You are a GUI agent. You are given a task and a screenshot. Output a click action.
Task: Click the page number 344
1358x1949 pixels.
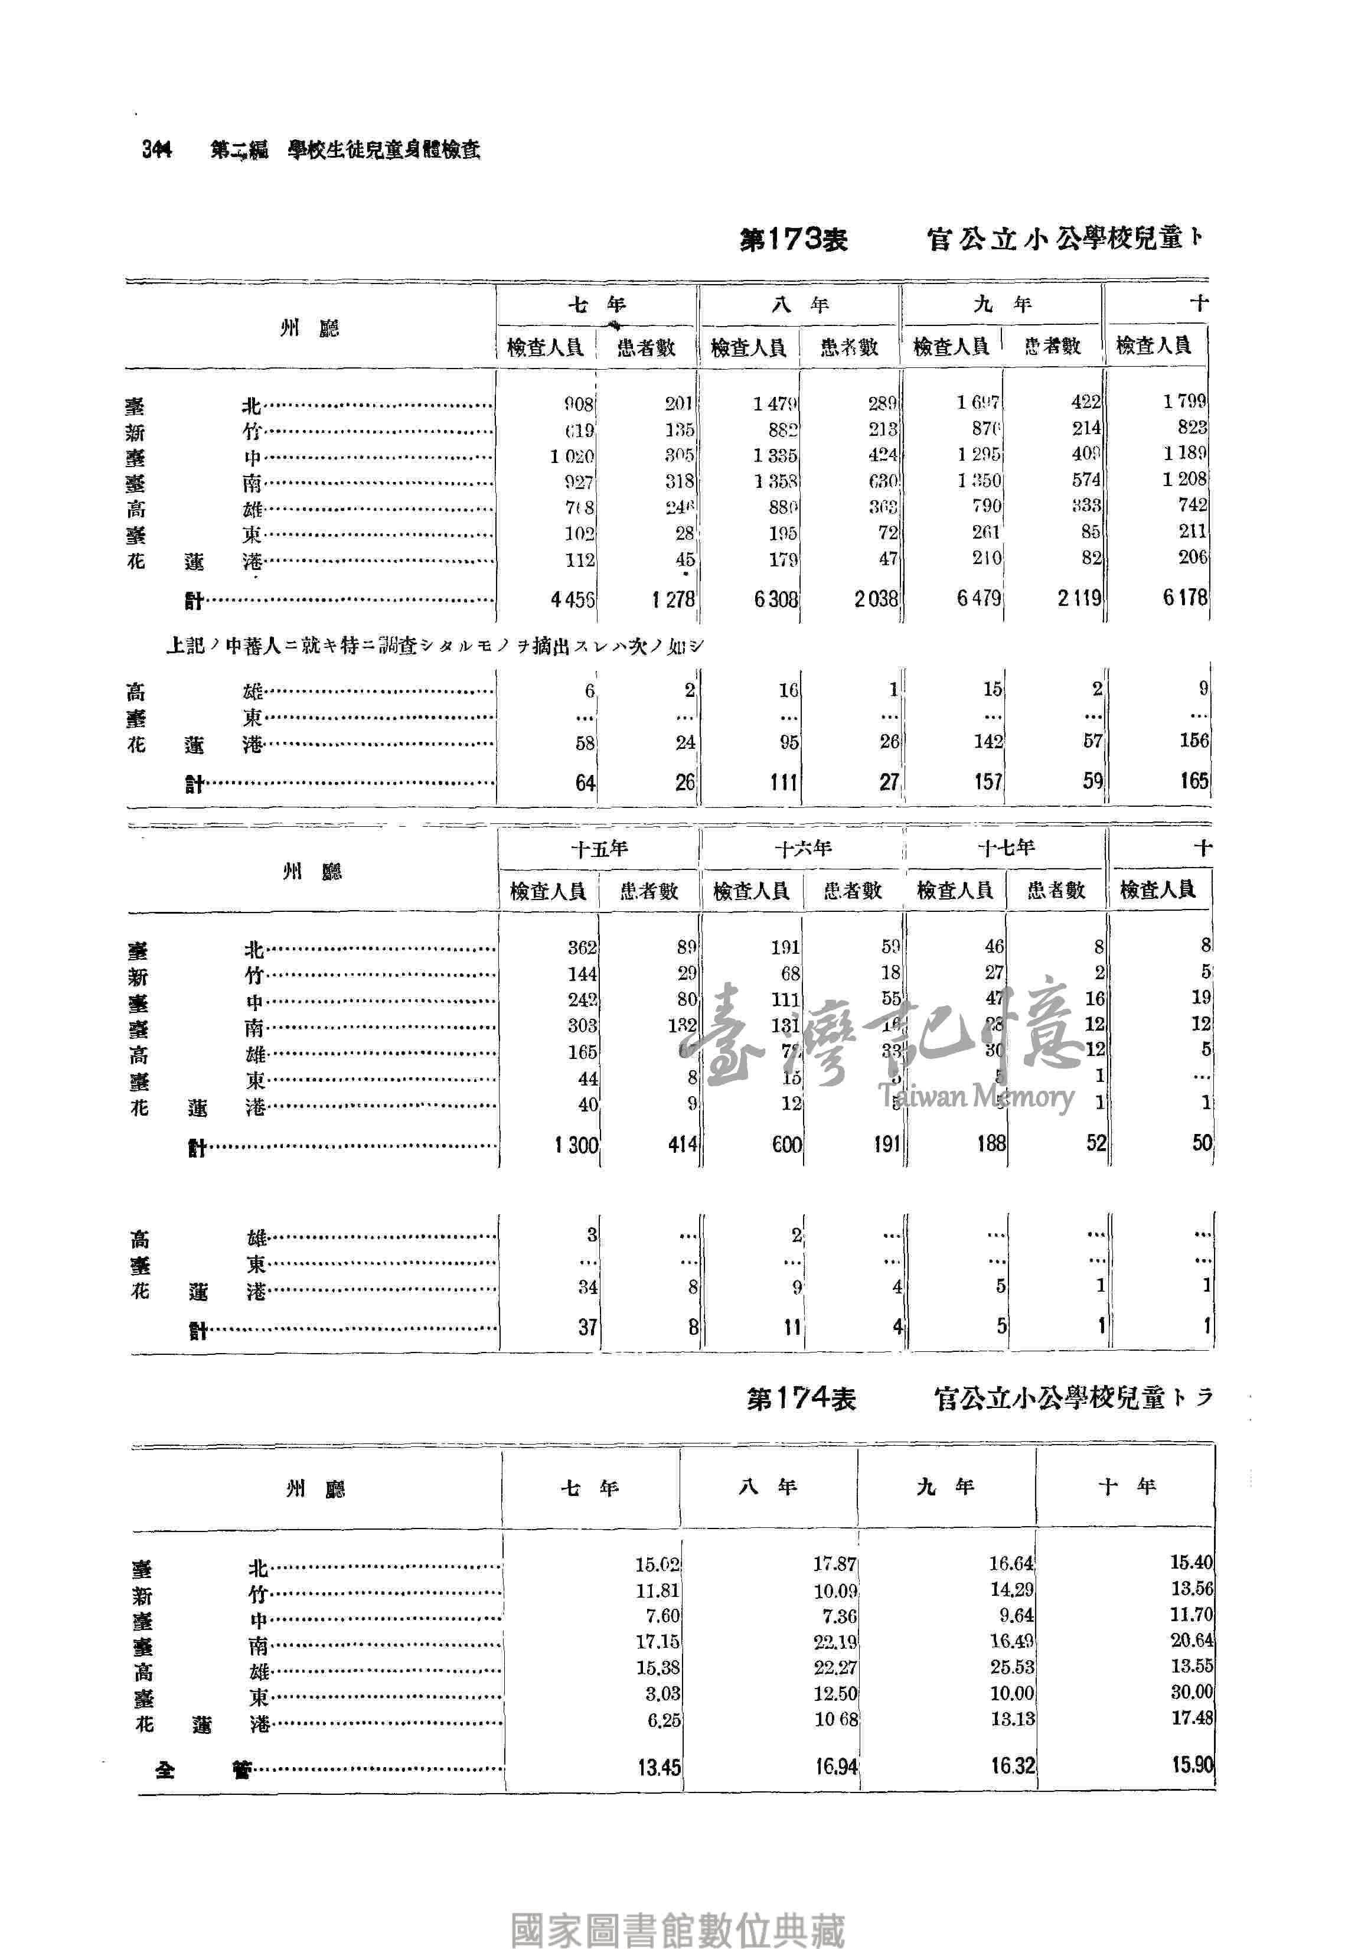click(157, 149)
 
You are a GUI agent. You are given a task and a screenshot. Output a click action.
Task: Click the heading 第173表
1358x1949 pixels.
click(793, 239)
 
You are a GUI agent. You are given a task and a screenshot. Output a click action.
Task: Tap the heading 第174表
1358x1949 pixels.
click(801, 1398)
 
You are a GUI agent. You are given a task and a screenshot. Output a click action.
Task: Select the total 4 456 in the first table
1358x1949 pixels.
click(572, 599)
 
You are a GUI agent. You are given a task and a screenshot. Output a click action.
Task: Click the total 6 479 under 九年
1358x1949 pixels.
click(978, 598)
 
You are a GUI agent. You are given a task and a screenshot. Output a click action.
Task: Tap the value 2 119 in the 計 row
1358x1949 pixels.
click(1079, 598)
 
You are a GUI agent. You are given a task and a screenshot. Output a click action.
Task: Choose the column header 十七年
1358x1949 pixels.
click(1006, 847)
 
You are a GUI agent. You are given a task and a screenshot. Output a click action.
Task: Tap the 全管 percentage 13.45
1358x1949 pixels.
click(660, 1768)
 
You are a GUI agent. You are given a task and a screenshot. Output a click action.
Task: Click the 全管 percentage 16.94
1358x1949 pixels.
click(836, 1767)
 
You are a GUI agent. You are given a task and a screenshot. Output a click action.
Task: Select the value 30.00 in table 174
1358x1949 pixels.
click(1191, 1692)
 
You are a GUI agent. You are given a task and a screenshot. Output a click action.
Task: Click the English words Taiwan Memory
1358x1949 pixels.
click(976, 1097)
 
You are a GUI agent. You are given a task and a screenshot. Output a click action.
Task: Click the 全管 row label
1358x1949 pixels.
click(204, 1770)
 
